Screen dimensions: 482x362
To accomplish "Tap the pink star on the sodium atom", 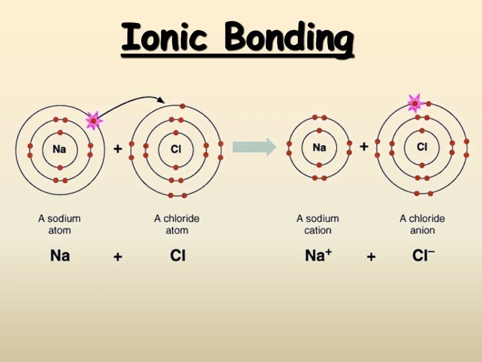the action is point(94,121).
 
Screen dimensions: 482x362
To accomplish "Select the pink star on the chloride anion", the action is point(415,103).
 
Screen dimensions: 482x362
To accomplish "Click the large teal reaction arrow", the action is point(254,147).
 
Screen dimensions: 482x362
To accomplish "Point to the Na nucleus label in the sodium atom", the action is point(59,149).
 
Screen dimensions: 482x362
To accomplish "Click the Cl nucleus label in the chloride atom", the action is point(176,149).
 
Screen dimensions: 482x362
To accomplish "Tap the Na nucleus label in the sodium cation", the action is point(319,148).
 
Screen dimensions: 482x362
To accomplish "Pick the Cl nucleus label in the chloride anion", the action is point(422,147).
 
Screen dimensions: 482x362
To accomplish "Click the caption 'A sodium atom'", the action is point(59,224).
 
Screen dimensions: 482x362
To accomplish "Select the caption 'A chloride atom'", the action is point(177,224).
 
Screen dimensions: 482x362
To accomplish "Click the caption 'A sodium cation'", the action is point(318,224).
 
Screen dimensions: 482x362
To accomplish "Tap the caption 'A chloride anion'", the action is point(422,224).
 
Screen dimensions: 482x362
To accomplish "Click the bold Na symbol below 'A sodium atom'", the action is point(60,255).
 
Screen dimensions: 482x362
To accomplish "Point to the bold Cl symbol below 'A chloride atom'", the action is point(177,255).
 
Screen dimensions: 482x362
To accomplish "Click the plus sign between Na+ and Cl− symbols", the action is point(371,256).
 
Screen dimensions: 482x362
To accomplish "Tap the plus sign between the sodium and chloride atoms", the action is point(118,148).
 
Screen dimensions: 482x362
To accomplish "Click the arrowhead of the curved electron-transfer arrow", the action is point(161,100).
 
